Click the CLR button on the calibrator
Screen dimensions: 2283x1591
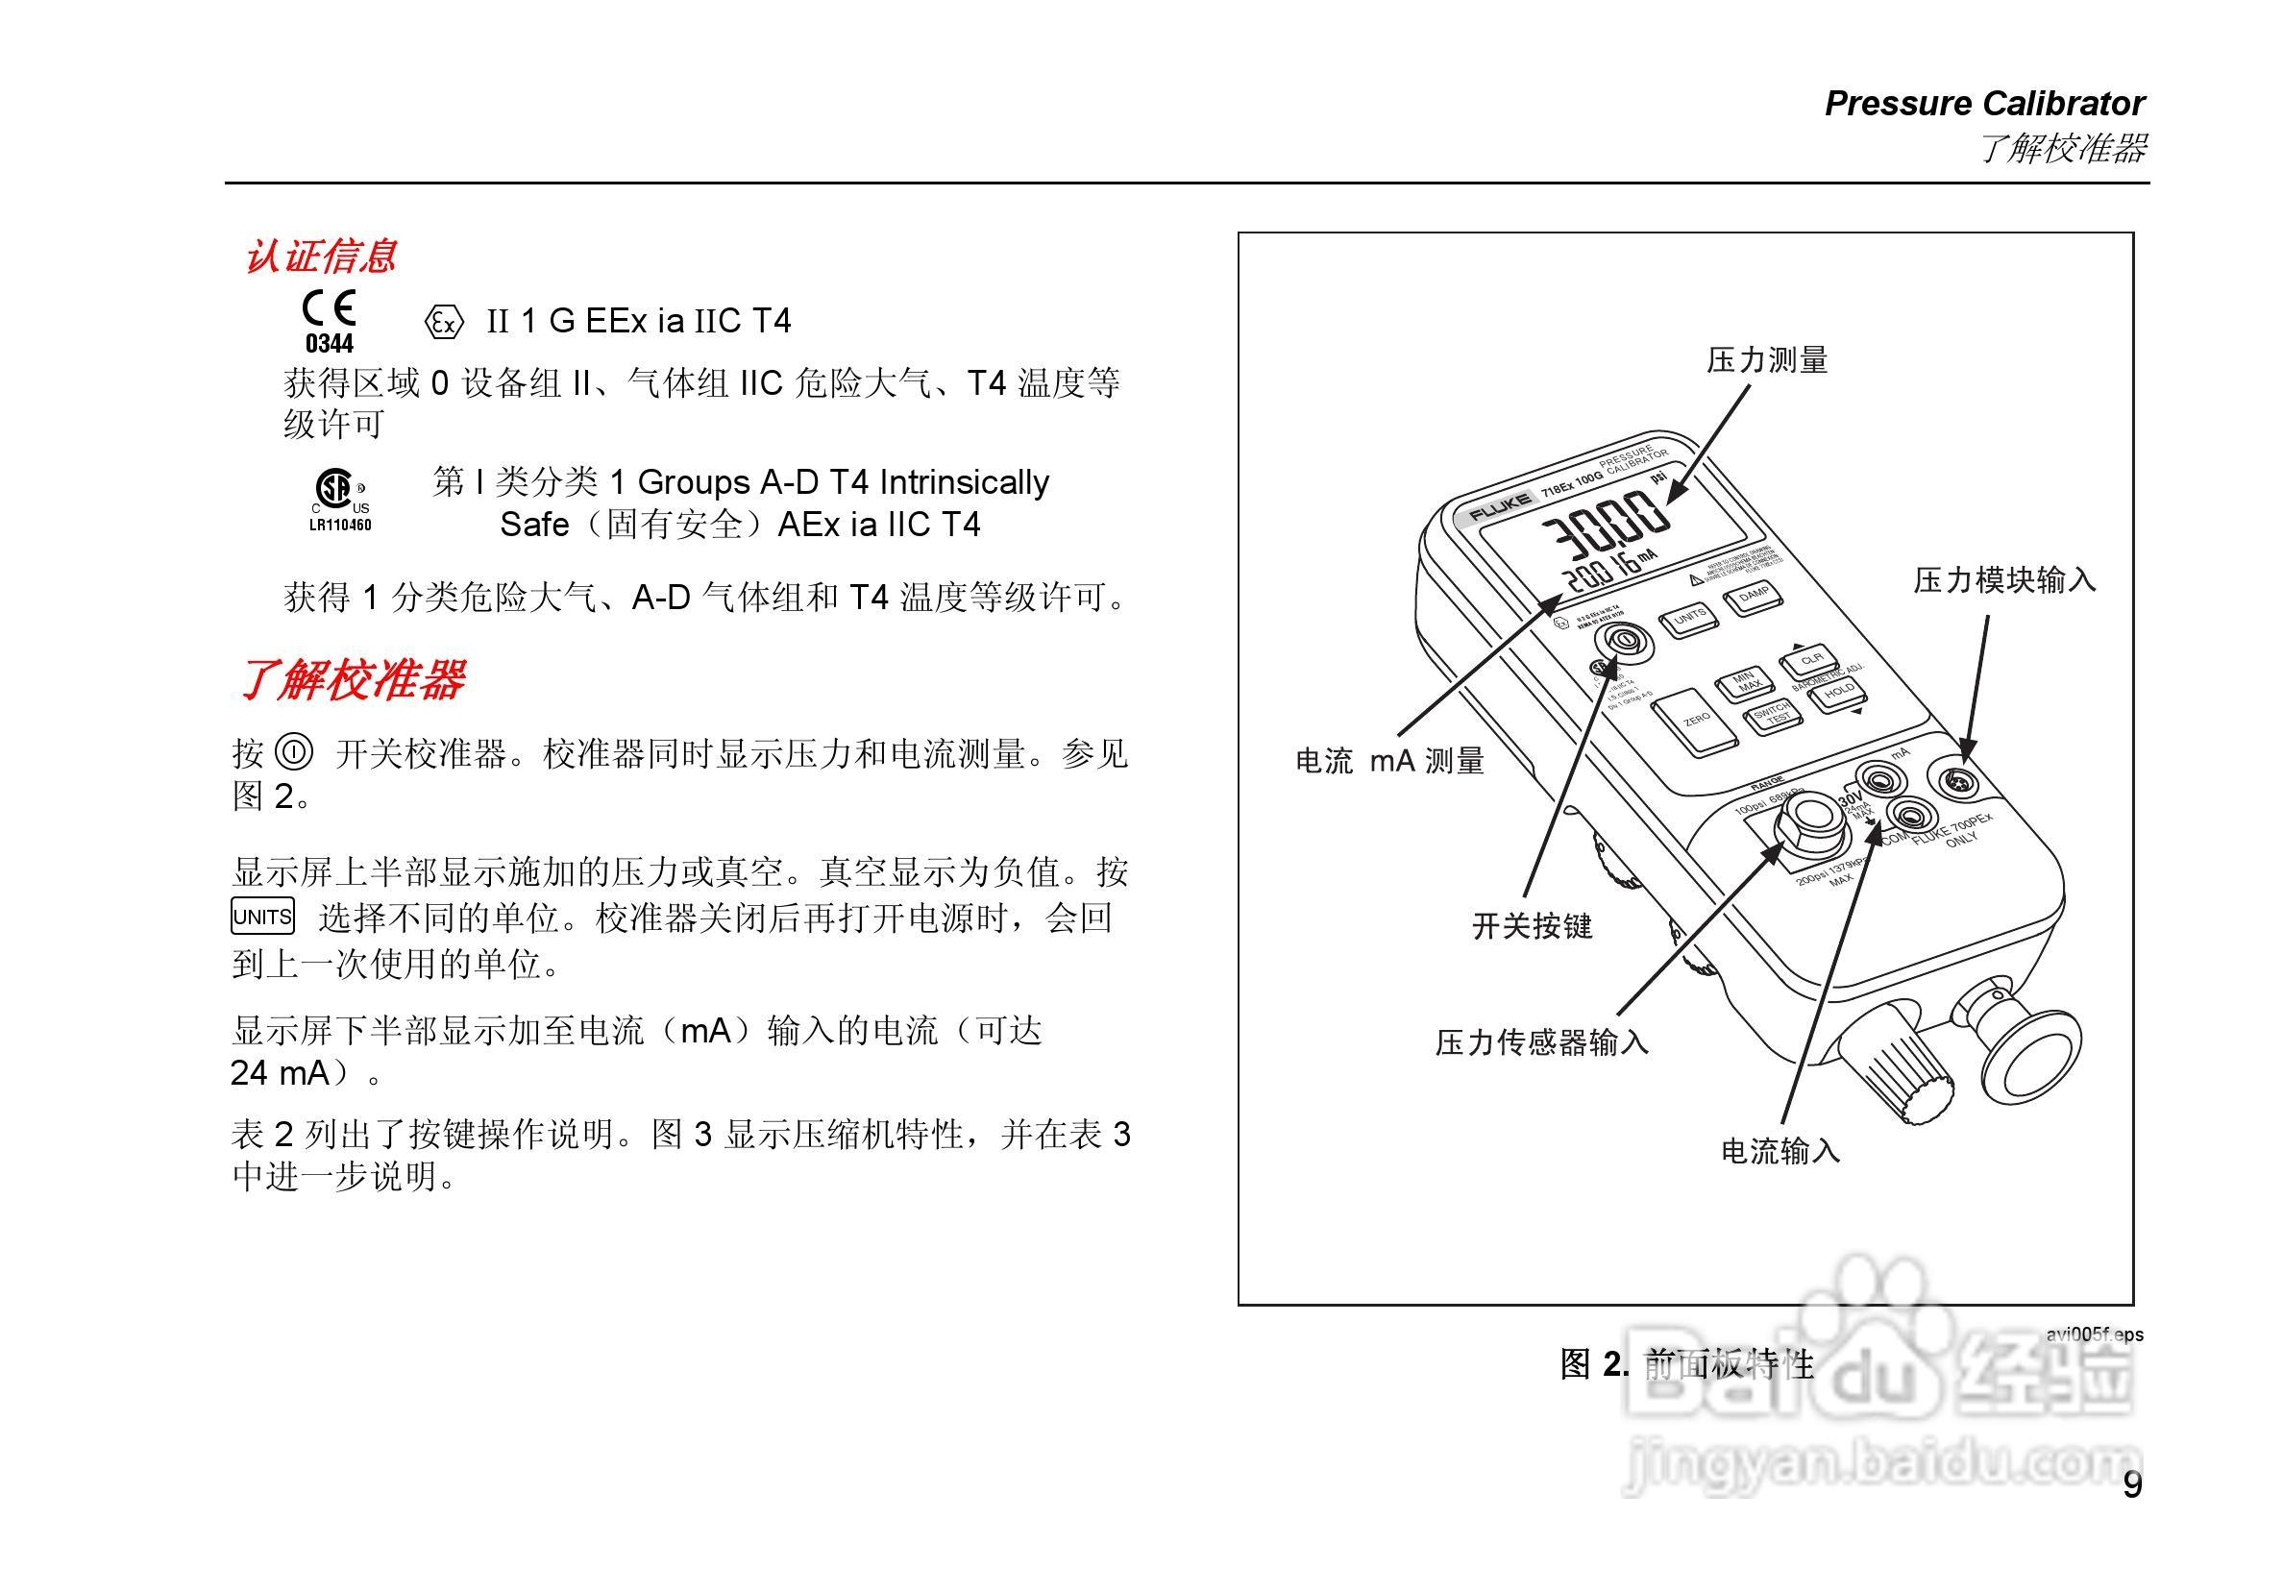click(x=1810, y=659)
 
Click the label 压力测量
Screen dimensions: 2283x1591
click(x=1767, y=360)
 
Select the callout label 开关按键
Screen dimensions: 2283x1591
click(x=1532, y=927)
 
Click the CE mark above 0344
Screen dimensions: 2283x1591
click(x=330, y=309)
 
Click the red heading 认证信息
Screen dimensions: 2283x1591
click(x=320, y=257)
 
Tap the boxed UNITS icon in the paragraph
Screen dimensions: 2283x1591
click(x=262, y=916)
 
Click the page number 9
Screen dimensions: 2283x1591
click(x=2132, y=1484)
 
